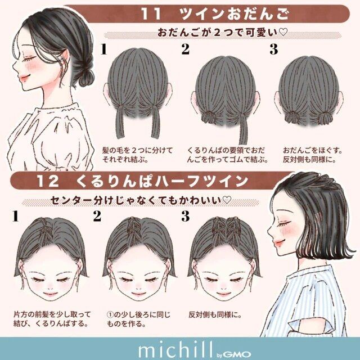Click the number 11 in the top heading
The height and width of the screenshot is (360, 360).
click(151, 14)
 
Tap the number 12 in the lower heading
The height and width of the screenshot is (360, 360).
click(47, 181)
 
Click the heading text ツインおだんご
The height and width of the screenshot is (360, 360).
click(235, 13)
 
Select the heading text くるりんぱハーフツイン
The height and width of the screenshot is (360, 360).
click(162, 181)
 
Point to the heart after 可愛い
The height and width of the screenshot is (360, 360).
click(283, 32)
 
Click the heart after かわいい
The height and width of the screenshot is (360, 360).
click(227, 200)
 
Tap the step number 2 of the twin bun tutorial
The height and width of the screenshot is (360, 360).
click(186, 49)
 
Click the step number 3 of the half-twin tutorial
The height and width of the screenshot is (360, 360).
click(186, 216)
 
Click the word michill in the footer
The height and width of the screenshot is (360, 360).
click(175, 350)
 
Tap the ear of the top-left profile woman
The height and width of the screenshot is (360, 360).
click(65, 57)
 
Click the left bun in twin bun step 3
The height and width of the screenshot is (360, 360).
click(292, 117)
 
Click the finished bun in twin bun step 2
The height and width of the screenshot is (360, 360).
click(209, 117)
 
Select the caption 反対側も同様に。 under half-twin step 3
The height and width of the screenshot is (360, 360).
click(215, 314)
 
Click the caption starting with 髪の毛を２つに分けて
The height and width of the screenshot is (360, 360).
click(137, 155)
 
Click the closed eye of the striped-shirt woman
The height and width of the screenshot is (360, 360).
click(284, 225)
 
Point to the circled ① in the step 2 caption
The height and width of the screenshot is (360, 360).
click(110, 314)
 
